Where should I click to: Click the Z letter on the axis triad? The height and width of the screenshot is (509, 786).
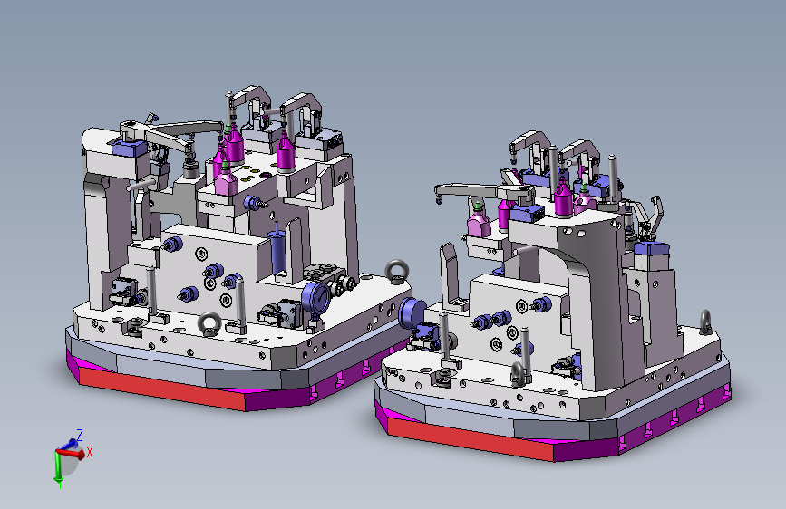click(x=79, y=435)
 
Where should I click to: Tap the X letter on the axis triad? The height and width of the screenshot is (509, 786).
click(x=90, y=452)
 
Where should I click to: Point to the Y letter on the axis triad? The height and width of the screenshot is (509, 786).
click(x=60, y=485)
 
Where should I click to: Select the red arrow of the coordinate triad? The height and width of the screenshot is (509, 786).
click(x=71, y=454)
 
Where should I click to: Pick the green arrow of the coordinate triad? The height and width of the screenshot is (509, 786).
click(x=56, y=467)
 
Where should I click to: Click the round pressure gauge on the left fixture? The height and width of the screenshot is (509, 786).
click(x=315, y=298)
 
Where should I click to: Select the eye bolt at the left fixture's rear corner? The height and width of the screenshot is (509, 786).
click(x=397, y=272)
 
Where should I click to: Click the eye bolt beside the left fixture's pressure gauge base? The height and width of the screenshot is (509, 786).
click(x=209, y=323)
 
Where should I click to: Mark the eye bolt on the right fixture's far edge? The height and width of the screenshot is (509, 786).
click(x=705, y=322)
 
